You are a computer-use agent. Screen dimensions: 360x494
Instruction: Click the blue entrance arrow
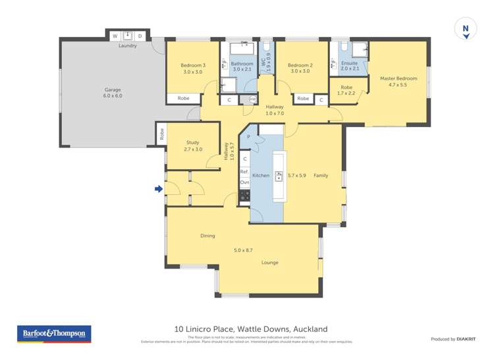click(158, 190)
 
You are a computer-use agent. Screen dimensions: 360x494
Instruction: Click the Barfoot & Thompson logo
click(54, 334)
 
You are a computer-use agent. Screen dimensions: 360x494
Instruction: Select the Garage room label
click(113, 90)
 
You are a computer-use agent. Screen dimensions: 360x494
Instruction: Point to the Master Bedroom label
click(398, 79)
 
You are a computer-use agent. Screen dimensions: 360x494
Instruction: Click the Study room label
click(192, 142)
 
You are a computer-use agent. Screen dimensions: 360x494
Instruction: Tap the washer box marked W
click(115, 36)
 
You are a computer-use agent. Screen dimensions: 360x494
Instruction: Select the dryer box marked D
click(140, 36)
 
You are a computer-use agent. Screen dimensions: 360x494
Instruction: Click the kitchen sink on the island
click(278, 176)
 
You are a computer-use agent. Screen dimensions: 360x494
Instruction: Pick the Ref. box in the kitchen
click(244, 171)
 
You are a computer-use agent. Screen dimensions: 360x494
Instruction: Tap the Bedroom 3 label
click(193, 65)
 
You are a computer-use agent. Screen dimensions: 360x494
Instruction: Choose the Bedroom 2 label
click(300, 65)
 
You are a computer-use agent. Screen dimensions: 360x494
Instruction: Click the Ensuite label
click(350, 63)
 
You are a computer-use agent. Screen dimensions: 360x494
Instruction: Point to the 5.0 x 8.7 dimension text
click(243, 250)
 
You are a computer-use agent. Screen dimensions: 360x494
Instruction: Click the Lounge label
click(269, 263)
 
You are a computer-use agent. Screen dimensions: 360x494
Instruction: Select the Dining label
click(207, 236)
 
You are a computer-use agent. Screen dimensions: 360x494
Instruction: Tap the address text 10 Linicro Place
click(250, 329)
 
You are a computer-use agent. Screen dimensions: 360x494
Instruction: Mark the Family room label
click(320, 176)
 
